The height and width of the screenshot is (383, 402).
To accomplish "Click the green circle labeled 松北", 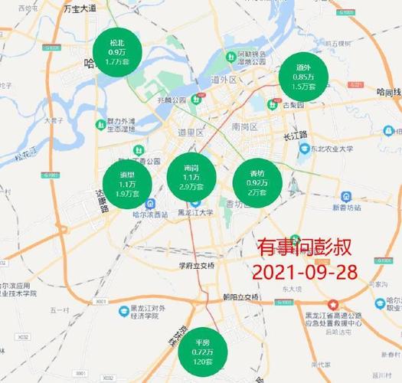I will [116, 50].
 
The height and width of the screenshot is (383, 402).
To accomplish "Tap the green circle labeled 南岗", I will [191, 178].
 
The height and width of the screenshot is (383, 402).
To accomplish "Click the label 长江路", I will [294, 135].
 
